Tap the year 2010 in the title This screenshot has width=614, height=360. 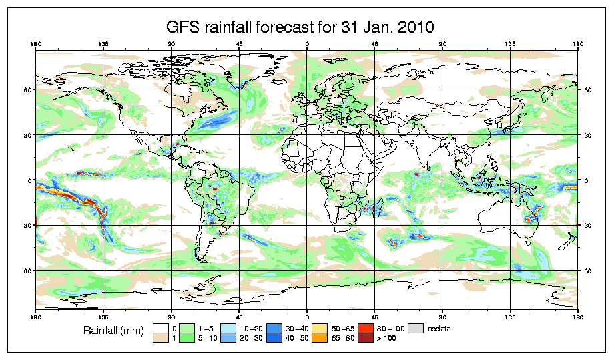(x=416, y=27)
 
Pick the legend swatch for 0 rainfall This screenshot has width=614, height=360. (x=161, y=327)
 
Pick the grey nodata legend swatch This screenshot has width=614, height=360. (x=417, y=327)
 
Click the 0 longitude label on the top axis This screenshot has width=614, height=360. (x=307, y=45)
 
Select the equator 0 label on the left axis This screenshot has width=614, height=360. (x=29, y=180)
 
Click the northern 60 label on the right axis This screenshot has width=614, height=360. (x=587, y=89)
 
